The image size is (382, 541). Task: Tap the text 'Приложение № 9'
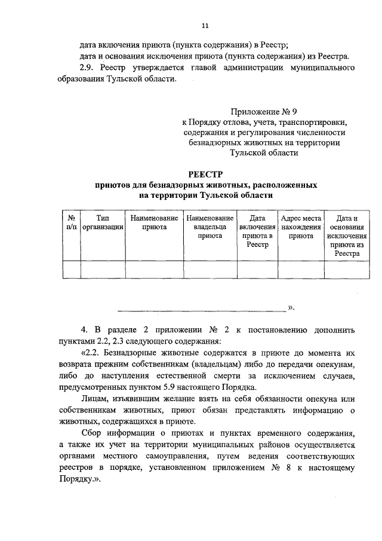263,111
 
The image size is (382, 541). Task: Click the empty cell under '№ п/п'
71,270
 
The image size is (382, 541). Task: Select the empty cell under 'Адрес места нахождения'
301,270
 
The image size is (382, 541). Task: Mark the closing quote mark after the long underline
291,308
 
